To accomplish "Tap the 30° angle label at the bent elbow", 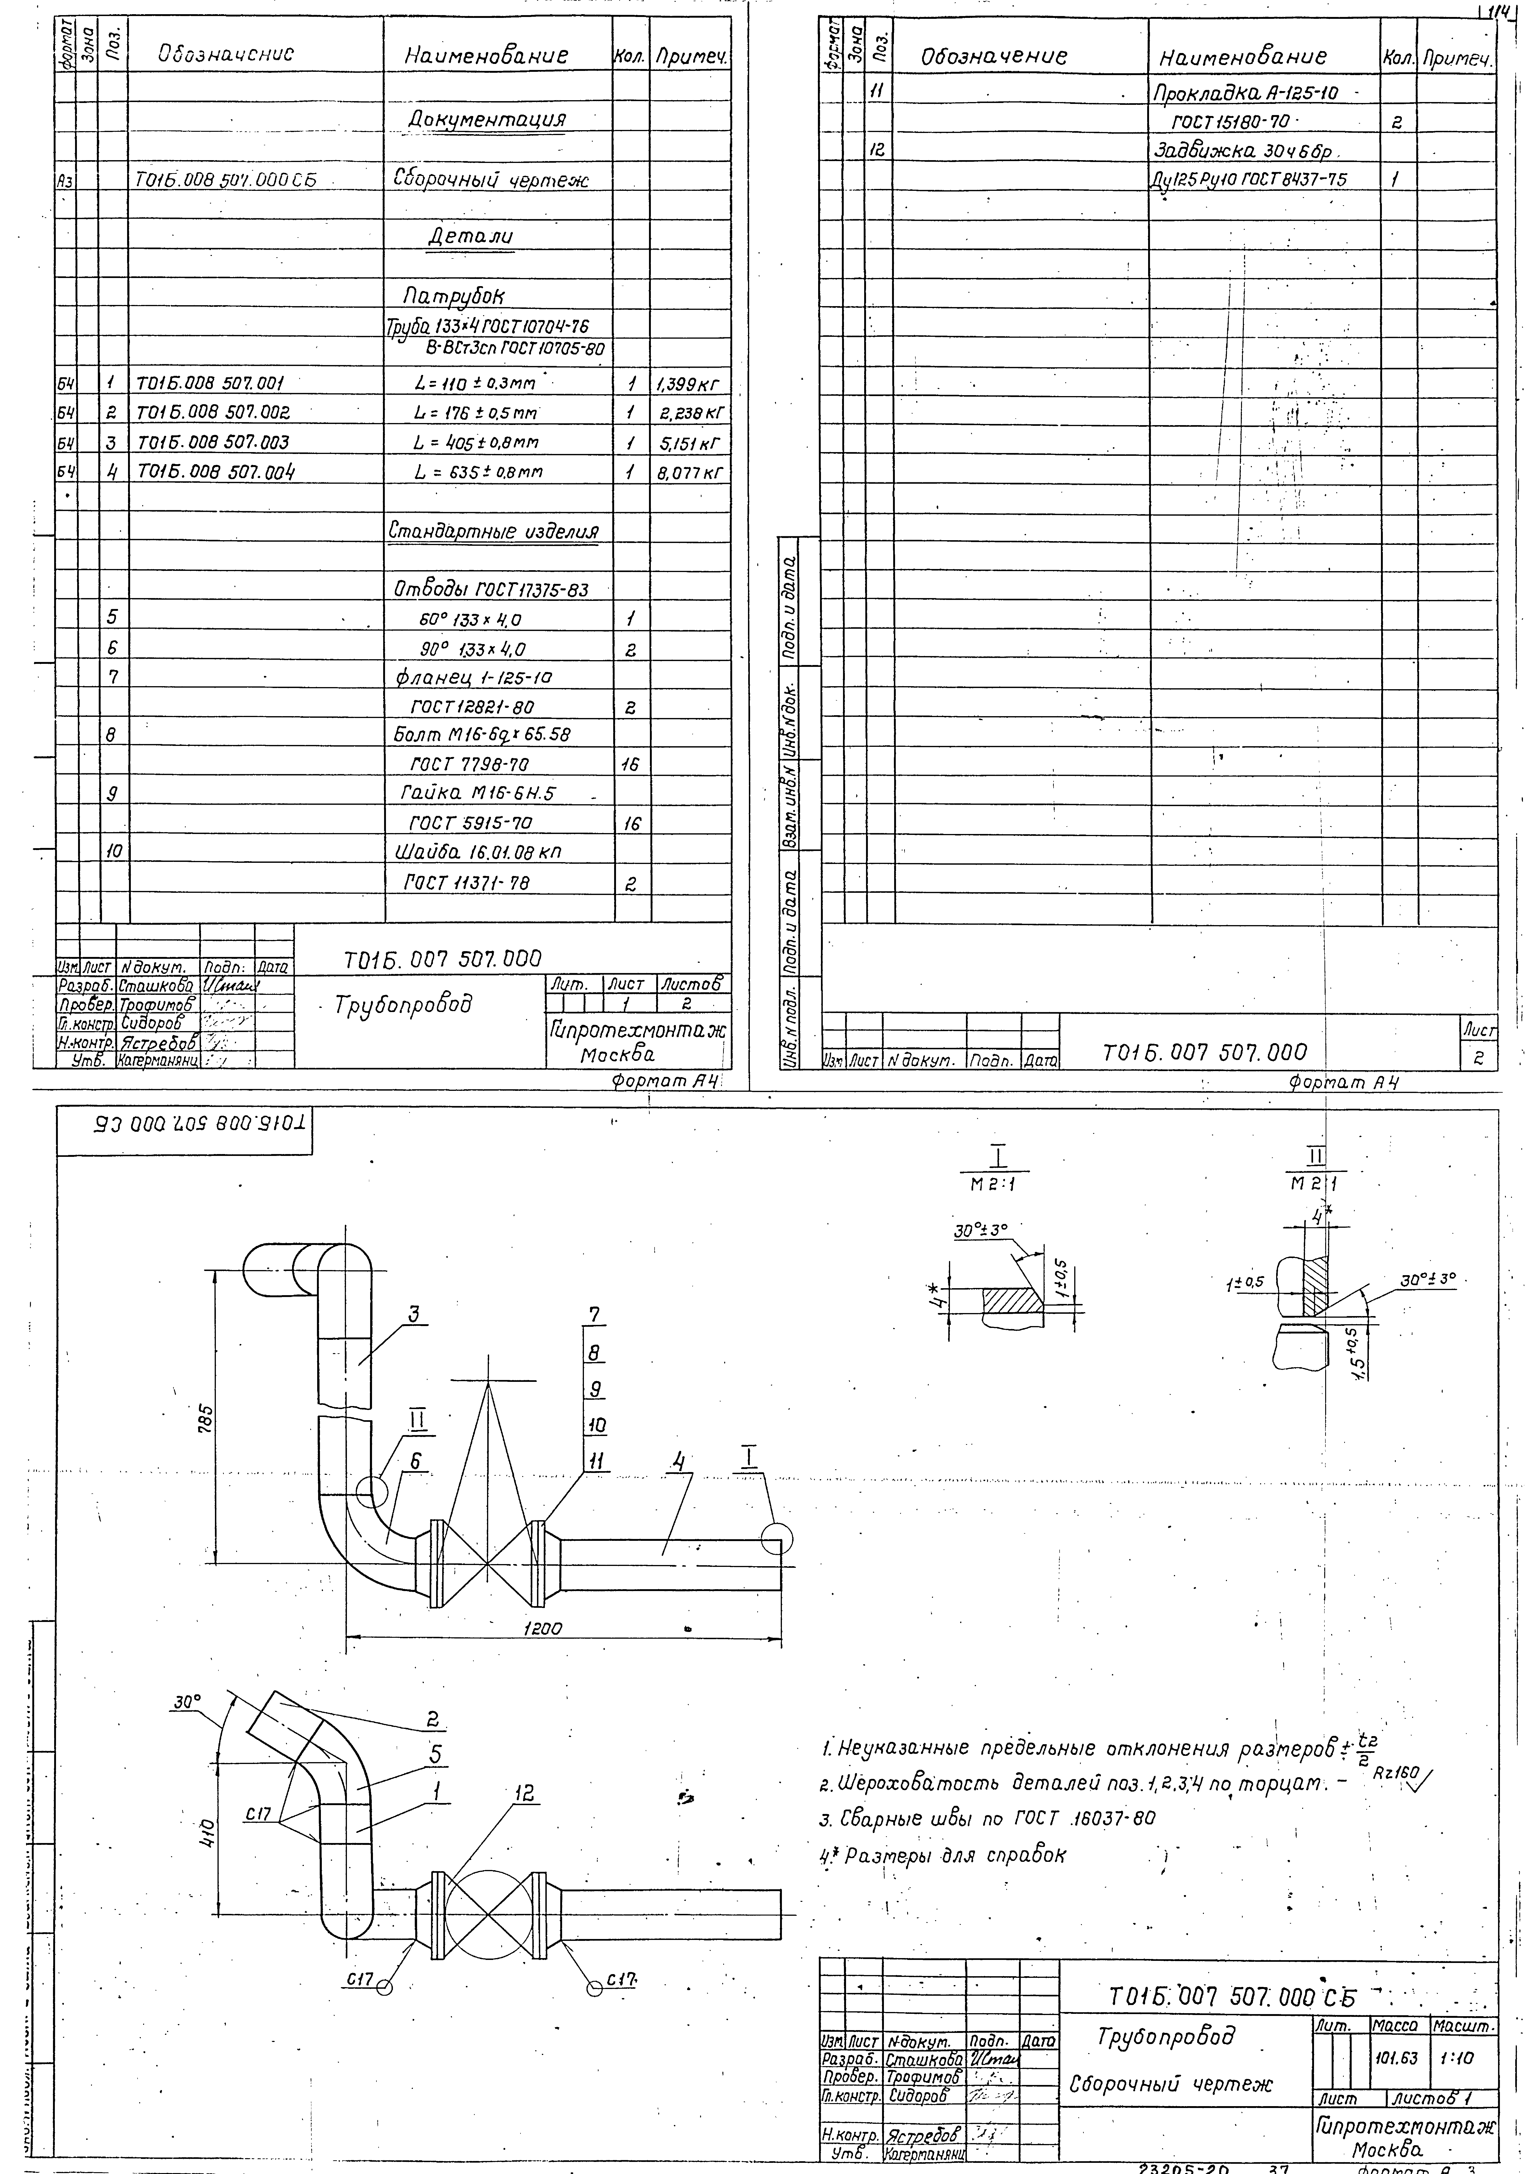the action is (x=187, y=1702).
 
